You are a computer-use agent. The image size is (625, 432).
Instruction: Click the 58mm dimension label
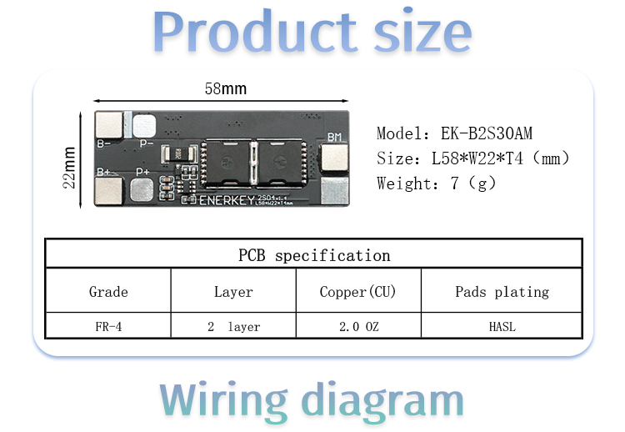[x=226, y=88]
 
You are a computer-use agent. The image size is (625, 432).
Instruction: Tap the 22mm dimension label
[x=69, y=168]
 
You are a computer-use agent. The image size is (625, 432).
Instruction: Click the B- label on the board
[x=104, y=143]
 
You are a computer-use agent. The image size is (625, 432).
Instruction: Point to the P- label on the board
[x=147, y=143]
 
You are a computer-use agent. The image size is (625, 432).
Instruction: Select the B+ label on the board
[x=104, y=172]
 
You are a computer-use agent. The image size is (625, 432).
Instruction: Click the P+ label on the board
[x=142, y=172]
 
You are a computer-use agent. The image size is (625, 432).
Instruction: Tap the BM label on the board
[x=334, y=138]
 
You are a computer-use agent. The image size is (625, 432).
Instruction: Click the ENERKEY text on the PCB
[x=227, y=200]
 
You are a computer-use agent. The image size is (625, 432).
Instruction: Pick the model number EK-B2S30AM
[x=487, y=133]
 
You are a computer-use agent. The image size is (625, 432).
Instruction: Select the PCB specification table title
[x=314, y=255]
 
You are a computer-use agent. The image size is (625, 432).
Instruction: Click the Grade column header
[x=108, y=292]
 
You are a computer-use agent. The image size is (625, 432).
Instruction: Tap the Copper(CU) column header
[x=357, y=292]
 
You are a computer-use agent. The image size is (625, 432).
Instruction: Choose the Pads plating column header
[x=502, y=292]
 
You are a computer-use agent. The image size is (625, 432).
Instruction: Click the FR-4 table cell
[x=108, y=327]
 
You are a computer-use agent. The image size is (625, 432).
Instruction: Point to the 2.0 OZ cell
[x=358, y=327]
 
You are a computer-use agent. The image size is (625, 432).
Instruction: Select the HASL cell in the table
[x=502, y=327]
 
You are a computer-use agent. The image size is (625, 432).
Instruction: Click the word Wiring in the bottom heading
[x=223, y=400]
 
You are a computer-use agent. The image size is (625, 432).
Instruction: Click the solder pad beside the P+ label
[x=142, y=189]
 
